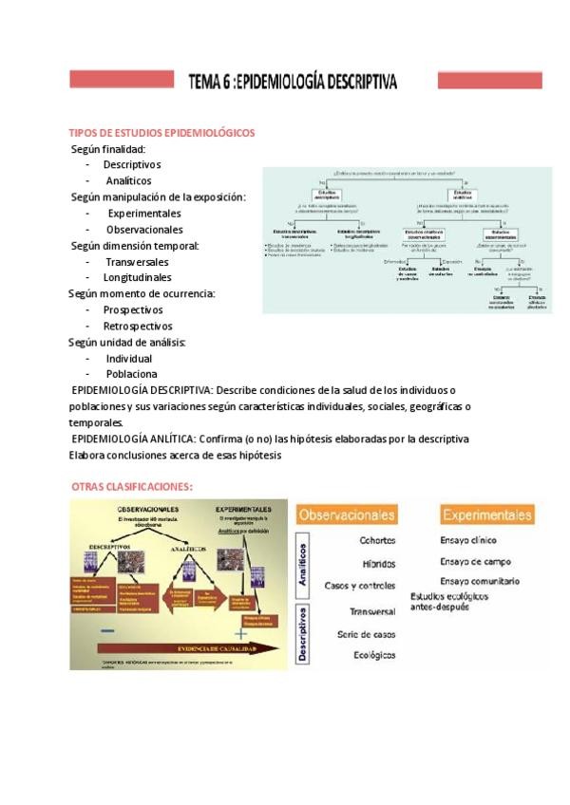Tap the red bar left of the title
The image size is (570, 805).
click(122, 80)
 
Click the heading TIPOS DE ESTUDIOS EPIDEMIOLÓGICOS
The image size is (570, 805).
click(161, 133)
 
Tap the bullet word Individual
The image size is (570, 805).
click(129, 359)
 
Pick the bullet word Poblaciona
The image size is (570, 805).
click(132, 375)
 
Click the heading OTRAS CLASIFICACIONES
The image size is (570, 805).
click(132, 487)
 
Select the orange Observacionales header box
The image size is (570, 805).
click(347, 515)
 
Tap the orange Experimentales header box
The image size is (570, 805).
click(485, 515)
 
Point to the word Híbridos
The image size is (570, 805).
click(379, 564)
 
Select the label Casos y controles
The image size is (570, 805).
click(360, 586)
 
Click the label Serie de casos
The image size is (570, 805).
click(367, 634)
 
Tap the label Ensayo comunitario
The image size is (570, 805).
click(480, 581)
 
